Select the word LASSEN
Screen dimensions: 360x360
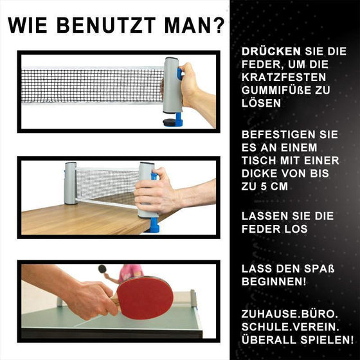click(260, 217)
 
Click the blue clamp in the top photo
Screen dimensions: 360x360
click(174, 120)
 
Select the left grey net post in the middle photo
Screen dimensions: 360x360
click(70, 183)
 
